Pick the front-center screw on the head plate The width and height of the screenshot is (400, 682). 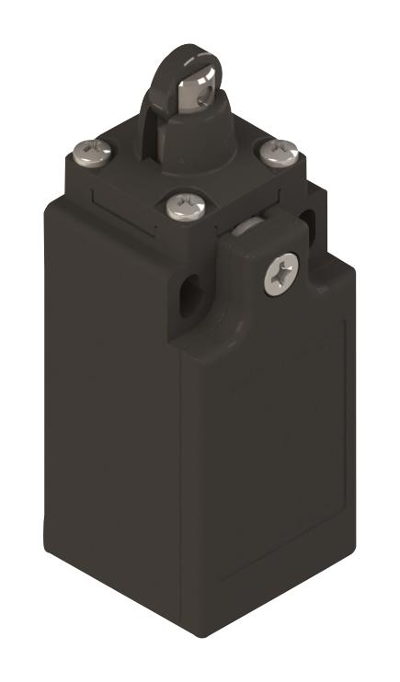[x=181, y=206]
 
